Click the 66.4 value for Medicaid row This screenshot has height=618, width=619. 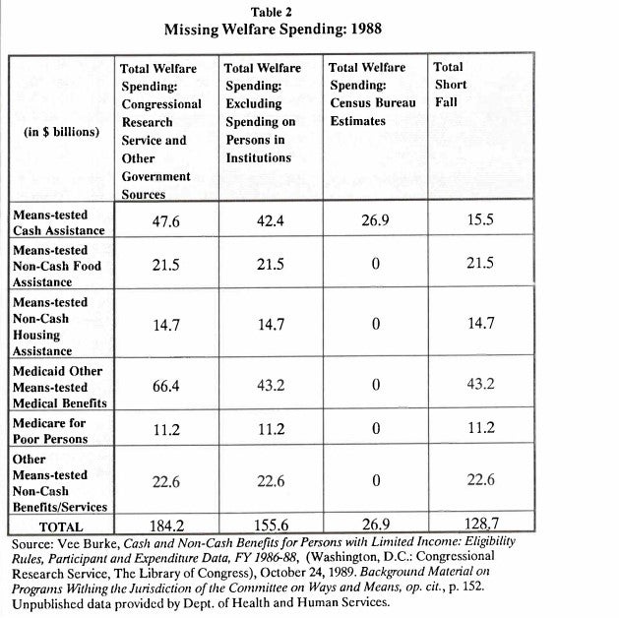coord(163,386)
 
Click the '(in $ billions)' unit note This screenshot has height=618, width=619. coord(61,132)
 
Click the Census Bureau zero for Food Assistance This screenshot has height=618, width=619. coord(375,265)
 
